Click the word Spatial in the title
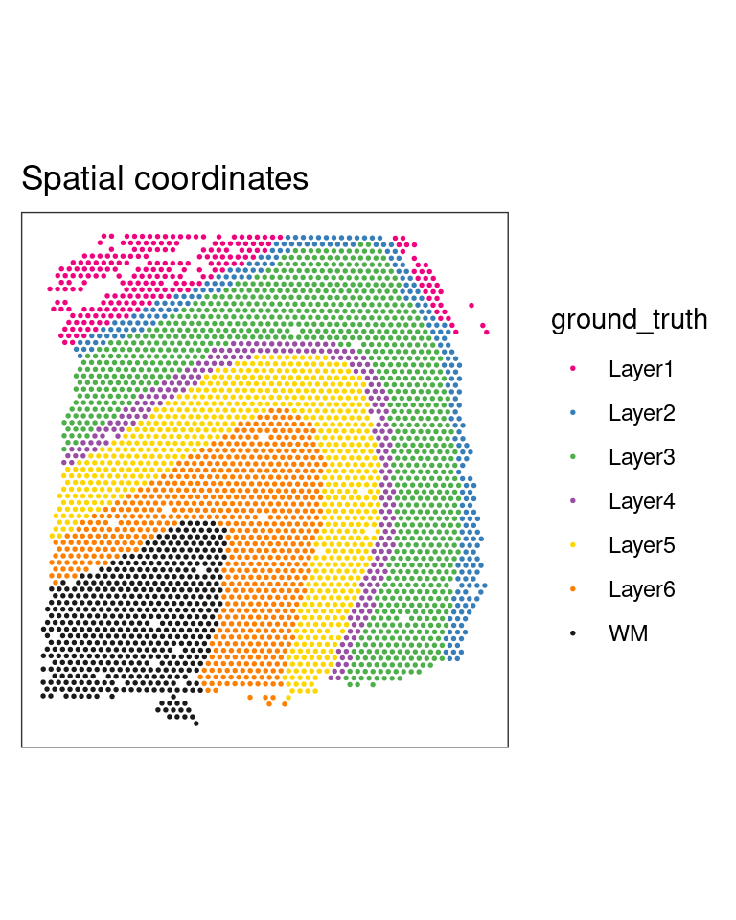pyautogui.click(x=72, y=178)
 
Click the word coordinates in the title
pyautogui.click(x=220, y=178)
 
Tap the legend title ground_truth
pyautogui.click(x=630, y=320)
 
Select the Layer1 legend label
pyautogui.click(x=640, y=369)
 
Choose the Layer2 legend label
pyautogui.click(x=641, y=413)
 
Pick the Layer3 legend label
pyautogui.click(x=641, y=457)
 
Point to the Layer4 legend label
pyautogui.click(x=641, y=501)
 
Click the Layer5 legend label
pyautogui.click(x=641, y=545)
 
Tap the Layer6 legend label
pyautogui.click(x=641, y=589)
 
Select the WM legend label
pyautogui.click(x=628, y=633)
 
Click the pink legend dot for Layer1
pyautogui.click(x=573, y=368)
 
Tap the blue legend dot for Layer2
pyautogui.click(x=573, y=412)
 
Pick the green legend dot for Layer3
pyautogui.click(x=573, y=456)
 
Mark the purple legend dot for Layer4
pyautogui.click(x=573, y=500)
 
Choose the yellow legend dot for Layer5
pyautogui.click(x=573, y=545)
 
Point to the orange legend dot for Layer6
pyautogui.click(x=573, y=589)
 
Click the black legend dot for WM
pyautogui.click(x=573, y=633)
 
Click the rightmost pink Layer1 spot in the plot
pyautogui.click(x=487, y=333)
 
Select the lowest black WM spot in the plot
pyautogui.click(x=196, y=724)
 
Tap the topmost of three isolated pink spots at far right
pyautogui.click(x=471, y=305)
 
